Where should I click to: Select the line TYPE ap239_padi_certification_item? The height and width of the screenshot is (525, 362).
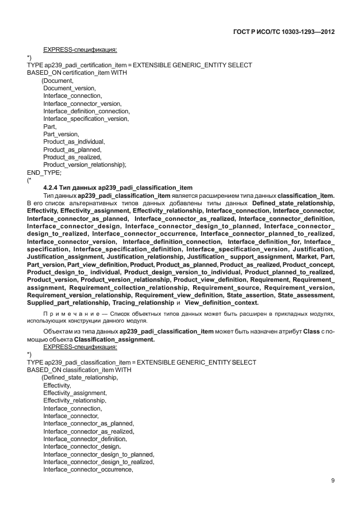(x=139, y=66)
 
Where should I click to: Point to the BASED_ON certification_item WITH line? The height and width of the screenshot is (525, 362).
(x=77, y=73)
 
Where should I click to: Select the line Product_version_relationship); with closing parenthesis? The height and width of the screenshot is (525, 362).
(x=84, y=164)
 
